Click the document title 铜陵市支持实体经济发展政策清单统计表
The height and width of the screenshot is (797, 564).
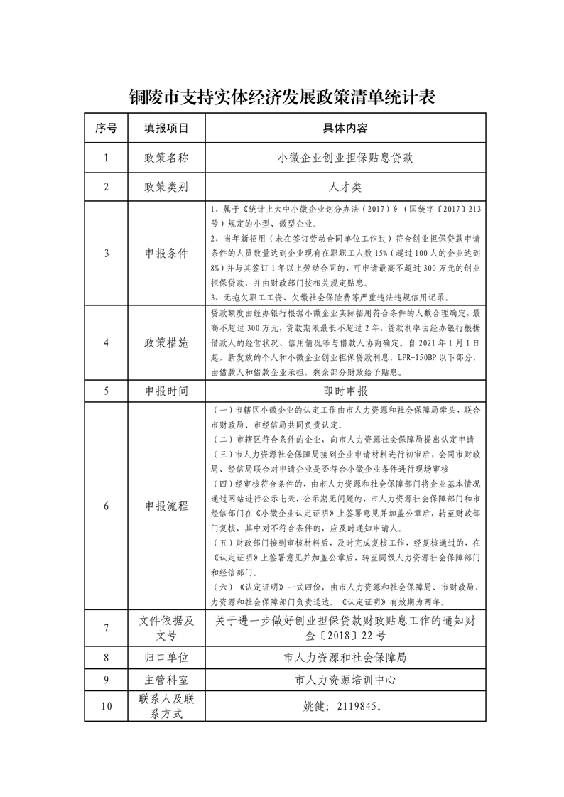[x=282, y=97]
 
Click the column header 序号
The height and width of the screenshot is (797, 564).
[x=106, y=129]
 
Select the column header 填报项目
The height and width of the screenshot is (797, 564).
[x=166, y=129]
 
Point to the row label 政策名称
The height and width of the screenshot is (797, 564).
[x=166, y=158]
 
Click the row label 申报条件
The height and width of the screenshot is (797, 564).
[x=166, y=254]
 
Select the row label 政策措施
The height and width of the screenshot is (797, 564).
[x=166, y=342]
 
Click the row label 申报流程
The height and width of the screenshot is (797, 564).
[x=166, y=506]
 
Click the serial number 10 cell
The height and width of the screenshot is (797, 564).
[x=106, y=707]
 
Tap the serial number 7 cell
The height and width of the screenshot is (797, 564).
[x=106, y=628]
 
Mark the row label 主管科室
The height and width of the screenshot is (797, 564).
[x=166, y=680]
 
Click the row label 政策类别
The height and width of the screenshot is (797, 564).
[x=166, y=188]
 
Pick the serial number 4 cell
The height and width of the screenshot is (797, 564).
[x=106, y=342]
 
